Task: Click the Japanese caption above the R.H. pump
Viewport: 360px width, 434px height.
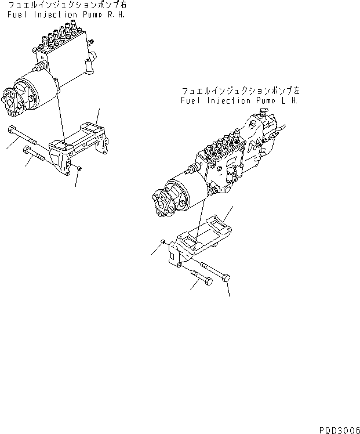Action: (x=68, y=5)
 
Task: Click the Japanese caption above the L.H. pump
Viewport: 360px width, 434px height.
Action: (x=240, y=91)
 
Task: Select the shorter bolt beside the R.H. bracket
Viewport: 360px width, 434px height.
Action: (x=36, y=154)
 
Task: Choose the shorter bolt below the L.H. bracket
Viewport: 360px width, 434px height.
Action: (x=200, y=279)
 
